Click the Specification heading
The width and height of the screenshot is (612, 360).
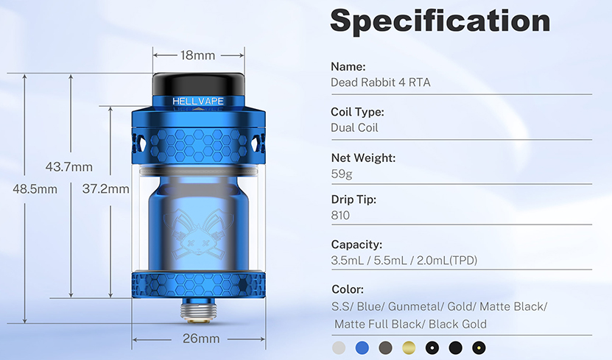tap(440, 21)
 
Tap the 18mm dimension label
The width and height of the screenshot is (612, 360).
tap(197, 55)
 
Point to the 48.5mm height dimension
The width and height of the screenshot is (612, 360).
tap(35, 189)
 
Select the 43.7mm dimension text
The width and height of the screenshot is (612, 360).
tap(68, 166)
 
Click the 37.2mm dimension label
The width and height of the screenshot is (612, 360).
tap(105, 189)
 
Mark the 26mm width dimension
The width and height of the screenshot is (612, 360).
tap(200, 339)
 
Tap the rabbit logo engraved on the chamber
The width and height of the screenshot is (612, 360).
tap(197, 228)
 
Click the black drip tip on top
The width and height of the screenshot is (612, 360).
tap(197, 82)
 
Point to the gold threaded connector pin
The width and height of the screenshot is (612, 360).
tap(197, 314)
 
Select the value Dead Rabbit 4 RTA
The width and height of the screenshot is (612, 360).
tap(380, 82)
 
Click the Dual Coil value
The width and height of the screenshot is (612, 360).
tap(355, 128)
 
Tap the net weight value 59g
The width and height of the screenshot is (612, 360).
tap(342, 174)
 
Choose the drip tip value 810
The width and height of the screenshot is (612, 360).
tap(340, 216)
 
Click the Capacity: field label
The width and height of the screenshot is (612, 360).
tap(356, 244)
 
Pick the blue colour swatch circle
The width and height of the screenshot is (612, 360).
tap(362, 347)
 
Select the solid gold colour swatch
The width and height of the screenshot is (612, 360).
tap(409, 347)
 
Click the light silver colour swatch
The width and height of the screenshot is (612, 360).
tap(338, 347)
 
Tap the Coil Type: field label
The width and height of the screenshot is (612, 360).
tap(357, 112)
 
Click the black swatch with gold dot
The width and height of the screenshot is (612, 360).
tap(479, 347)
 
